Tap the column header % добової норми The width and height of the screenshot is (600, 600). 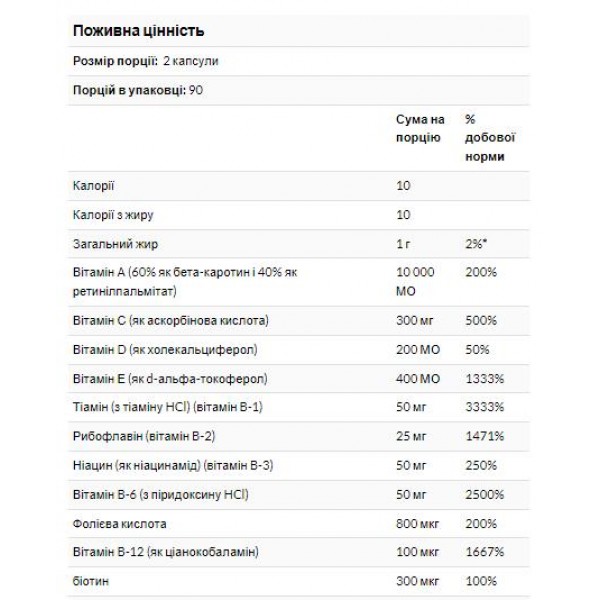tap(485, 138)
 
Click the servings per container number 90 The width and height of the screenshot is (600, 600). tap(194, 90)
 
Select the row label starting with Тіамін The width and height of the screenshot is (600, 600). tap(161, 409)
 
